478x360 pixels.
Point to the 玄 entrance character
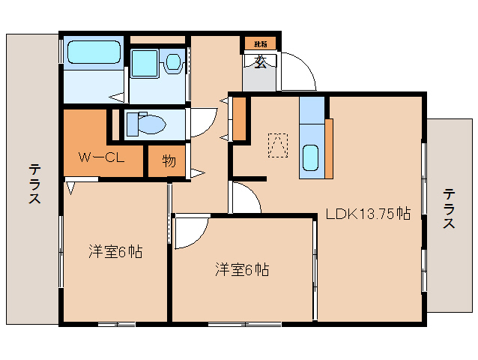260,63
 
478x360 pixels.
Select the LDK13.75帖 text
368,213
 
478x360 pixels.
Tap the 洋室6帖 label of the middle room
241,269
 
